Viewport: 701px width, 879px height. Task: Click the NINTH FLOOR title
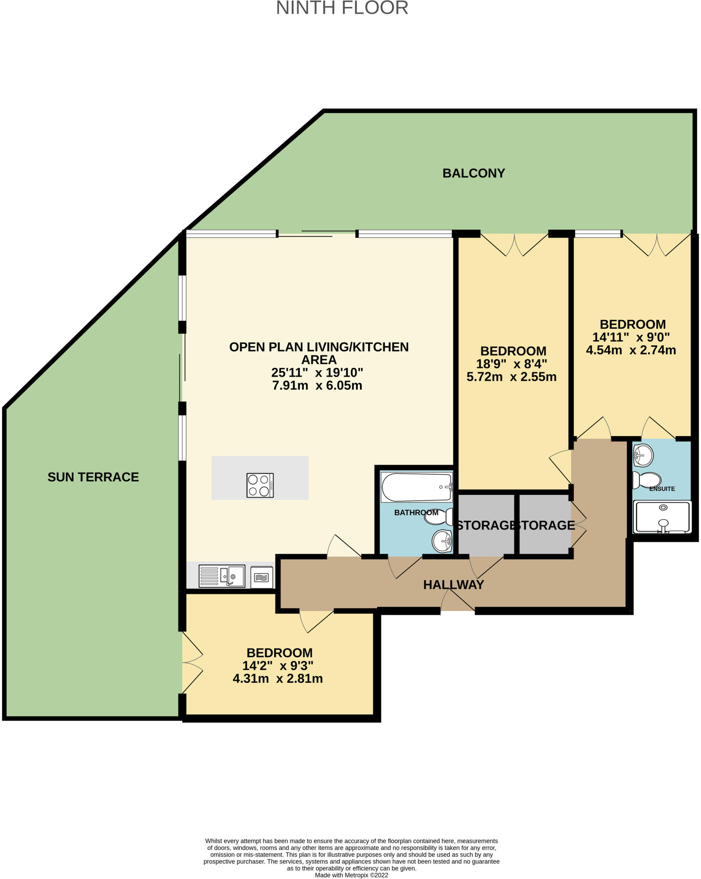342,8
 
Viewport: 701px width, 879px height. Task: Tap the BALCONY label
474,173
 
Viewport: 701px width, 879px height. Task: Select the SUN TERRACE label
93,477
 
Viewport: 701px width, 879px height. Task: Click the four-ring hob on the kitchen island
260,485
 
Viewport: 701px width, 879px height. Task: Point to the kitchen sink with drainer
222,576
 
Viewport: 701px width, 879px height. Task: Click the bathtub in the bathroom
417,487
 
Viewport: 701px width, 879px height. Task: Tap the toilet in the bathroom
439,517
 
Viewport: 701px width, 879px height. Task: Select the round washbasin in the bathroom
442,541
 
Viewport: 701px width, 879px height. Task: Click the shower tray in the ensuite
663,517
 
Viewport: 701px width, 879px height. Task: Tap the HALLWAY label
453,585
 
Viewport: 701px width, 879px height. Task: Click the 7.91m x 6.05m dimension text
317,386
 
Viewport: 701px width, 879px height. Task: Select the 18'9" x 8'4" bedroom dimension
511,364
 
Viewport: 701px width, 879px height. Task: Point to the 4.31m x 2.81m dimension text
278,679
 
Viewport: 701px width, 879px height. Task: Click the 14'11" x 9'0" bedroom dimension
631,337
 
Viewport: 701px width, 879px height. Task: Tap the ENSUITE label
662,489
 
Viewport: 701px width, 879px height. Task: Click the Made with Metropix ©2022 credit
351,875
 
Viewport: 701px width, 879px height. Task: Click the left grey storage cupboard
486,524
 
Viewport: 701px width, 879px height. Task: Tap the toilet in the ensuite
647,480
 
